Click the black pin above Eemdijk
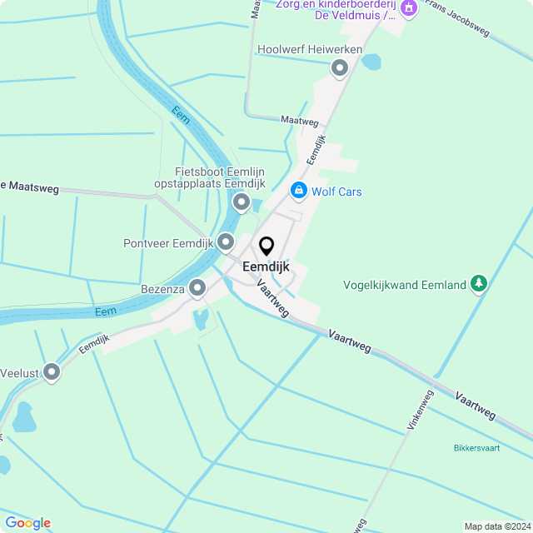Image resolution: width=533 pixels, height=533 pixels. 266,247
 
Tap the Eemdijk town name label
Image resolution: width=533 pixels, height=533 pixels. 266,267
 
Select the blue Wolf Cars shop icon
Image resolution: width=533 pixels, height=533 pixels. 298,191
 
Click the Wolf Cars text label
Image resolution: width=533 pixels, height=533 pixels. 336,192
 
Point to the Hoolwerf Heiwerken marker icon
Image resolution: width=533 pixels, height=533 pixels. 339,68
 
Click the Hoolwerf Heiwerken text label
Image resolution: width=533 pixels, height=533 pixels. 310,50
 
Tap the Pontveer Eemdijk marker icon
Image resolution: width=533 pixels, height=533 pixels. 226,242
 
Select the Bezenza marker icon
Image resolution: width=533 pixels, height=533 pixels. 197,288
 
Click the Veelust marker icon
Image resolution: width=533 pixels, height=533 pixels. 52,372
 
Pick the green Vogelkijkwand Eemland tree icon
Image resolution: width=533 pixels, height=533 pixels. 478,284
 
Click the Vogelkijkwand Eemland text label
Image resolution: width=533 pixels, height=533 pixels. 405,285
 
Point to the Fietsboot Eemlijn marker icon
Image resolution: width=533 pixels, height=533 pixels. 242,202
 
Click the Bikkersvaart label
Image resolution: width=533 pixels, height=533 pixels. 477,448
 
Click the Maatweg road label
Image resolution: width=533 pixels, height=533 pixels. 300,121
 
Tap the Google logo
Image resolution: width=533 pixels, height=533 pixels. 27,523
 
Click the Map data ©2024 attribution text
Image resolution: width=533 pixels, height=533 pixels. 496,526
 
